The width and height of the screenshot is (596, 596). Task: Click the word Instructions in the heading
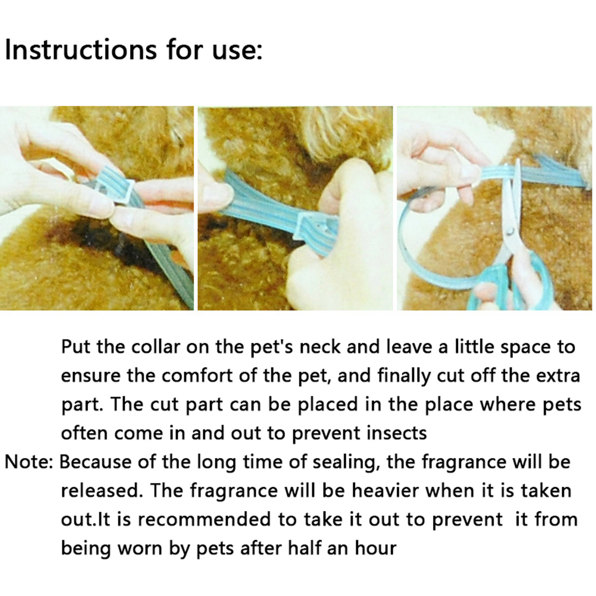80,49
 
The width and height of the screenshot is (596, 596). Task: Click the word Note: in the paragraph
29,462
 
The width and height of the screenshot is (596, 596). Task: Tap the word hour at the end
376,548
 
